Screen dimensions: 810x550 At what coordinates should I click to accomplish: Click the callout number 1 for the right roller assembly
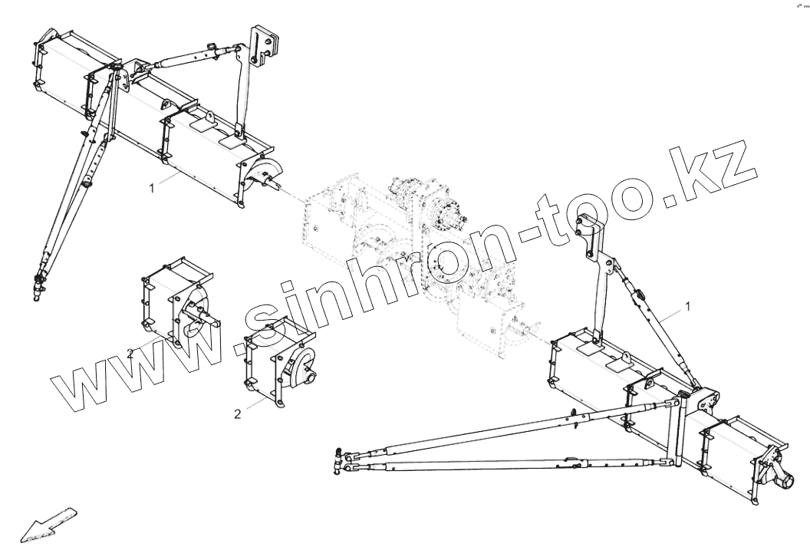pyautogui.click(x=688, y=306)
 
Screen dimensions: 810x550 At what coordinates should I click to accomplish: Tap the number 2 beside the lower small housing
pyautogui.click(x=238, y=413)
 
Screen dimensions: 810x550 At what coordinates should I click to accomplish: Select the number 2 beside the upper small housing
pyautogui.click(x=131, y=354)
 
